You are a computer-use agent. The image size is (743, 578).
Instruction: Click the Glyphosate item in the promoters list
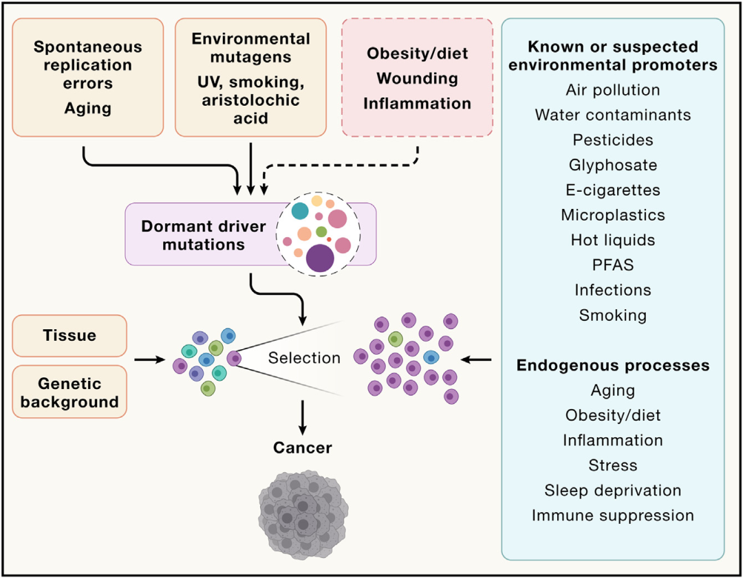click(x=612, y=165)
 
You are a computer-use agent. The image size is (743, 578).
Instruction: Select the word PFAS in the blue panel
click(x=612, y=265)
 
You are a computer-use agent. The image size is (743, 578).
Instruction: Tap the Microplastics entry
click(x=612, y=214)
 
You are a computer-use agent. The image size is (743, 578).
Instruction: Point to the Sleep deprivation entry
click(x=612, y=490)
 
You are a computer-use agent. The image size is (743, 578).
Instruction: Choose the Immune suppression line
click(x=612, y=515)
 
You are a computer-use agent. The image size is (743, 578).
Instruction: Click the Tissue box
click(x=69, y=336)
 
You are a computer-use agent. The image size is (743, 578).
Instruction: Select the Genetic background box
click(x=69, y=392)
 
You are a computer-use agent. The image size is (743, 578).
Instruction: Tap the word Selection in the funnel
click(x=304, y=358)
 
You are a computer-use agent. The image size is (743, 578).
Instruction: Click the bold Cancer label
click(x=303, y=448)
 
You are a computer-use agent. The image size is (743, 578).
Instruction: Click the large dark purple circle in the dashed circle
click(x=320, y=258)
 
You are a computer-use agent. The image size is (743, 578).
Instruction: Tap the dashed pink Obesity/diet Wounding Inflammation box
click(x=418, y=78)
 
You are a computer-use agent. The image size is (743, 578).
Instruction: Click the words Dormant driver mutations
click(x=204, y=235)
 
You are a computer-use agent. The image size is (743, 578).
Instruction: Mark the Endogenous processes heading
click(x=612, y=365)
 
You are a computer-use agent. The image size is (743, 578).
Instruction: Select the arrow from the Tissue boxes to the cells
click(x=149, y=359)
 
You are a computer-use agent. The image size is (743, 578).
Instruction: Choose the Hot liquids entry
click(x=612, y=240)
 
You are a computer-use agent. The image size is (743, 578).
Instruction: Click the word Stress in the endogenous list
click(x=612, y=465)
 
